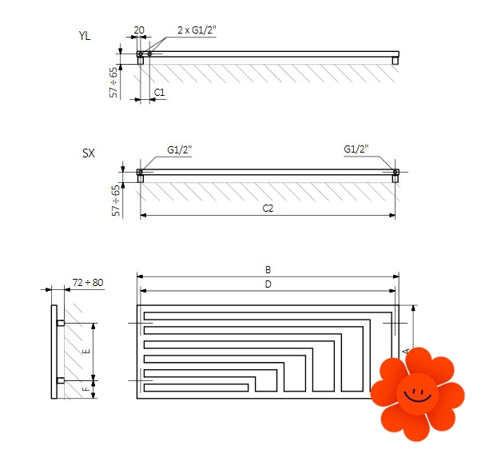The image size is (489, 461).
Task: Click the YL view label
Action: coord(85,36)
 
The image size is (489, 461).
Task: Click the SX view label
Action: coord(88,153)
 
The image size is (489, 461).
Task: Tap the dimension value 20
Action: coord(139,30)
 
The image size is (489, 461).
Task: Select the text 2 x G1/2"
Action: coord(197,30)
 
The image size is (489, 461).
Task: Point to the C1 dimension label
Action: coord(159,93)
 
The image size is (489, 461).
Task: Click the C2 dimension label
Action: coord(268,208)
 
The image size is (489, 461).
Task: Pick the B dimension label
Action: coord(268,269)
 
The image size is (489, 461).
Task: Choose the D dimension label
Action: coord(268,284)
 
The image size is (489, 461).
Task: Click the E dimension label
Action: coord(86,352)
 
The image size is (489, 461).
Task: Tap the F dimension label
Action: coord(86,389)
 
